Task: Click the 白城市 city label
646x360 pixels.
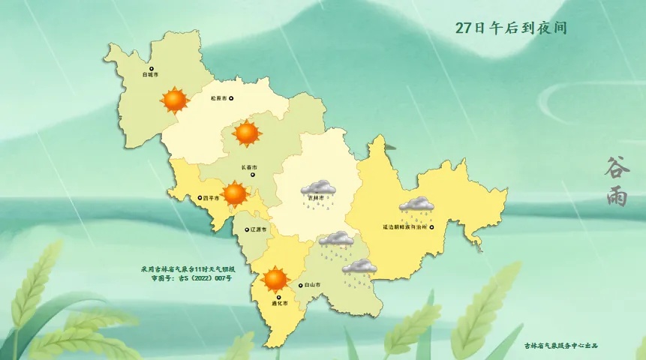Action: tap(150, 75)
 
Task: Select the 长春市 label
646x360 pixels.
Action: tap(249, 167)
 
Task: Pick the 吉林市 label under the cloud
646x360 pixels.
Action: tap(318, 198)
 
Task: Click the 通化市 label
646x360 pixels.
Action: tap(280, 303)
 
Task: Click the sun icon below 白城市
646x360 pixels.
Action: tap(175, 99)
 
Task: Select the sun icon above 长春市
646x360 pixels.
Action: tap(247, 133)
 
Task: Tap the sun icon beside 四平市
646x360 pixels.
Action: tap(235, 193)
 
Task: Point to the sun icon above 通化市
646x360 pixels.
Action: tap(275, 279)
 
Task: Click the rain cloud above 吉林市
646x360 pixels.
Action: tap(318, 189)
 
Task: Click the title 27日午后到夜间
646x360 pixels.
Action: tap(510, 28)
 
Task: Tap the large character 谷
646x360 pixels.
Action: tap(616, 168)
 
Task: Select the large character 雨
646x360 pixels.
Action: tap(616, 196)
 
